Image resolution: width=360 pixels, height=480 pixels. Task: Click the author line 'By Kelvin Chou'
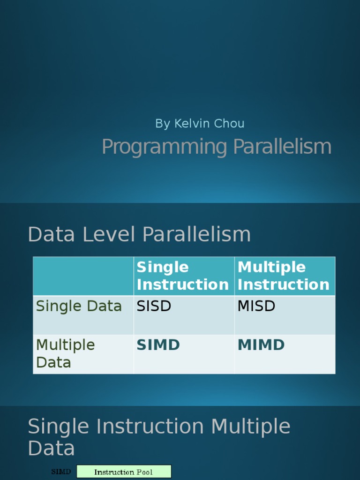coord(200,124)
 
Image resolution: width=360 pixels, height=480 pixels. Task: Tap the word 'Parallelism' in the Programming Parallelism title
coord(282,147)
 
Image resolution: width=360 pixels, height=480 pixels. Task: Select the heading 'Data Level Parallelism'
coord(139,234)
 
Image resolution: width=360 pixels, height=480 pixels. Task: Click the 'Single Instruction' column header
coord(182,276)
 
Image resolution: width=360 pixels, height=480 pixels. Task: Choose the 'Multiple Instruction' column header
coord(283,276)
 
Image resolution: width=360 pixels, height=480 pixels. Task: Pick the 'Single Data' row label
coord(79,306)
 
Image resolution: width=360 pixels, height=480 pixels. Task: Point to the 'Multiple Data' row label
coord(65,353)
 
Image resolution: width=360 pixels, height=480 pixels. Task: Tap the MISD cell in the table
coord(256,306)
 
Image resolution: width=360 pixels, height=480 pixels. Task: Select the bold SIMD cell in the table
coord(158,345)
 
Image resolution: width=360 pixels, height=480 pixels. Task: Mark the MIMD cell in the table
coord(261,345)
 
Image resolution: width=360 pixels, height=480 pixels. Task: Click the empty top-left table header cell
coord(83,276)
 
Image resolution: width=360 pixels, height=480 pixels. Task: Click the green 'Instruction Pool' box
coord(124,472)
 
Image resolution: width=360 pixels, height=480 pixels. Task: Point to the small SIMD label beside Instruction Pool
coord(61,472)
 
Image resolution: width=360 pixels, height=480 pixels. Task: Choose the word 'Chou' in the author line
coord(229,124)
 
